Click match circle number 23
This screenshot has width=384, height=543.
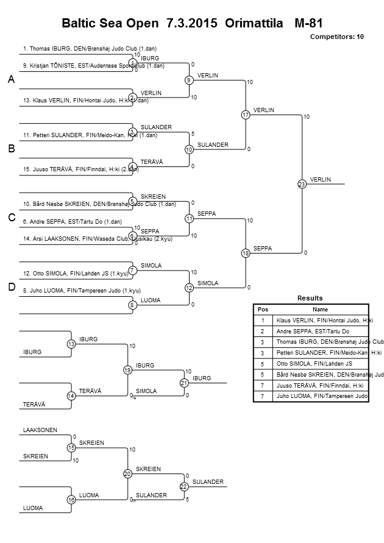(302, 185)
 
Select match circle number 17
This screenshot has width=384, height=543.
(246, 114)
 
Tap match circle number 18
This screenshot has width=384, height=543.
(246, 253)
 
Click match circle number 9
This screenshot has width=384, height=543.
(189, 80)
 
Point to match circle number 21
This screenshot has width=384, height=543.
(183, 382)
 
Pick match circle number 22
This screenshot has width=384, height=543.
(183, 486)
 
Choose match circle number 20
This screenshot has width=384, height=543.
(127, 474)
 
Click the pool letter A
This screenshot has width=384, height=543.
(11, 80)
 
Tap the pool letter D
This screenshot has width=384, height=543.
(11, 287)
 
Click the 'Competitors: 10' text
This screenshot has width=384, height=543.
(337, 37)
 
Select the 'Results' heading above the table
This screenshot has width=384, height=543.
(310, 297)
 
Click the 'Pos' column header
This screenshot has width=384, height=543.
(263, 309)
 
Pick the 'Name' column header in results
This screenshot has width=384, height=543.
(320, 309)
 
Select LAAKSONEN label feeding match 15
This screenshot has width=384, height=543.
(40, 430)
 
